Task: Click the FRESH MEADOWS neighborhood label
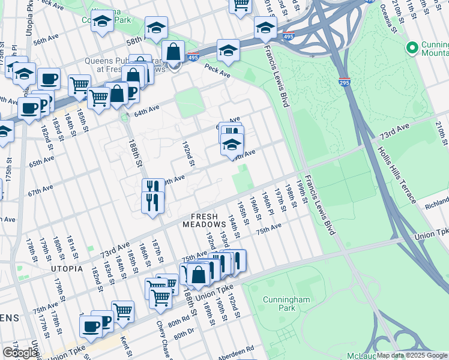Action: tap(208, 220)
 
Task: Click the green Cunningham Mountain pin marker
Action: tap(412, 47)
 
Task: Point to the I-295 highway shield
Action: tap(345, 82)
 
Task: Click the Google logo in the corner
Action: tap(20, 353)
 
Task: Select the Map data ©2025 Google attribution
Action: tap(412, 355)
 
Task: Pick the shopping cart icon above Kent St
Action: tap(122, 310)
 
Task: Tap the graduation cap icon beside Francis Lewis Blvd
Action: tap(265, 27)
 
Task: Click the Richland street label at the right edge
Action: tap(436, 204)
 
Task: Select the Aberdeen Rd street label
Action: tap(236, 348)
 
